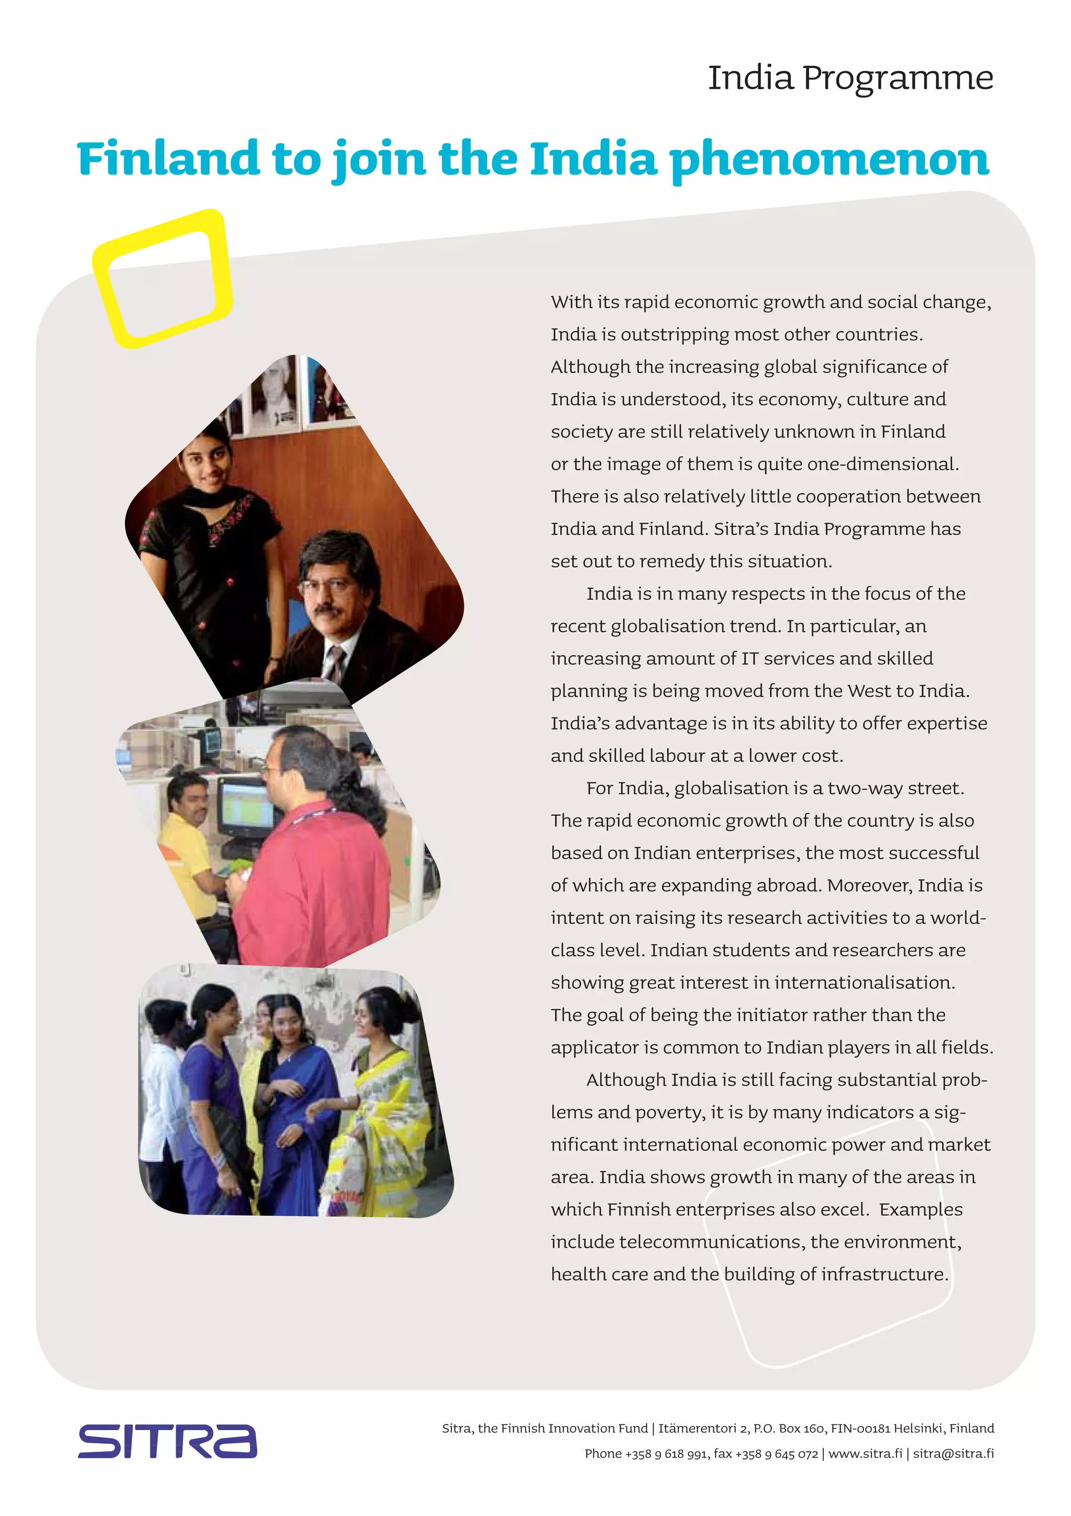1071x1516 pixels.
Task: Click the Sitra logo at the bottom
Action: coord(167,1441)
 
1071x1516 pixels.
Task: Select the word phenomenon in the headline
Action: coord(829,159)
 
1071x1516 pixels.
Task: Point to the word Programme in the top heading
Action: coord(897,78)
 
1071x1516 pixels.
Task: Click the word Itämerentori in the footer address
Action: coord(698,1428)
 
